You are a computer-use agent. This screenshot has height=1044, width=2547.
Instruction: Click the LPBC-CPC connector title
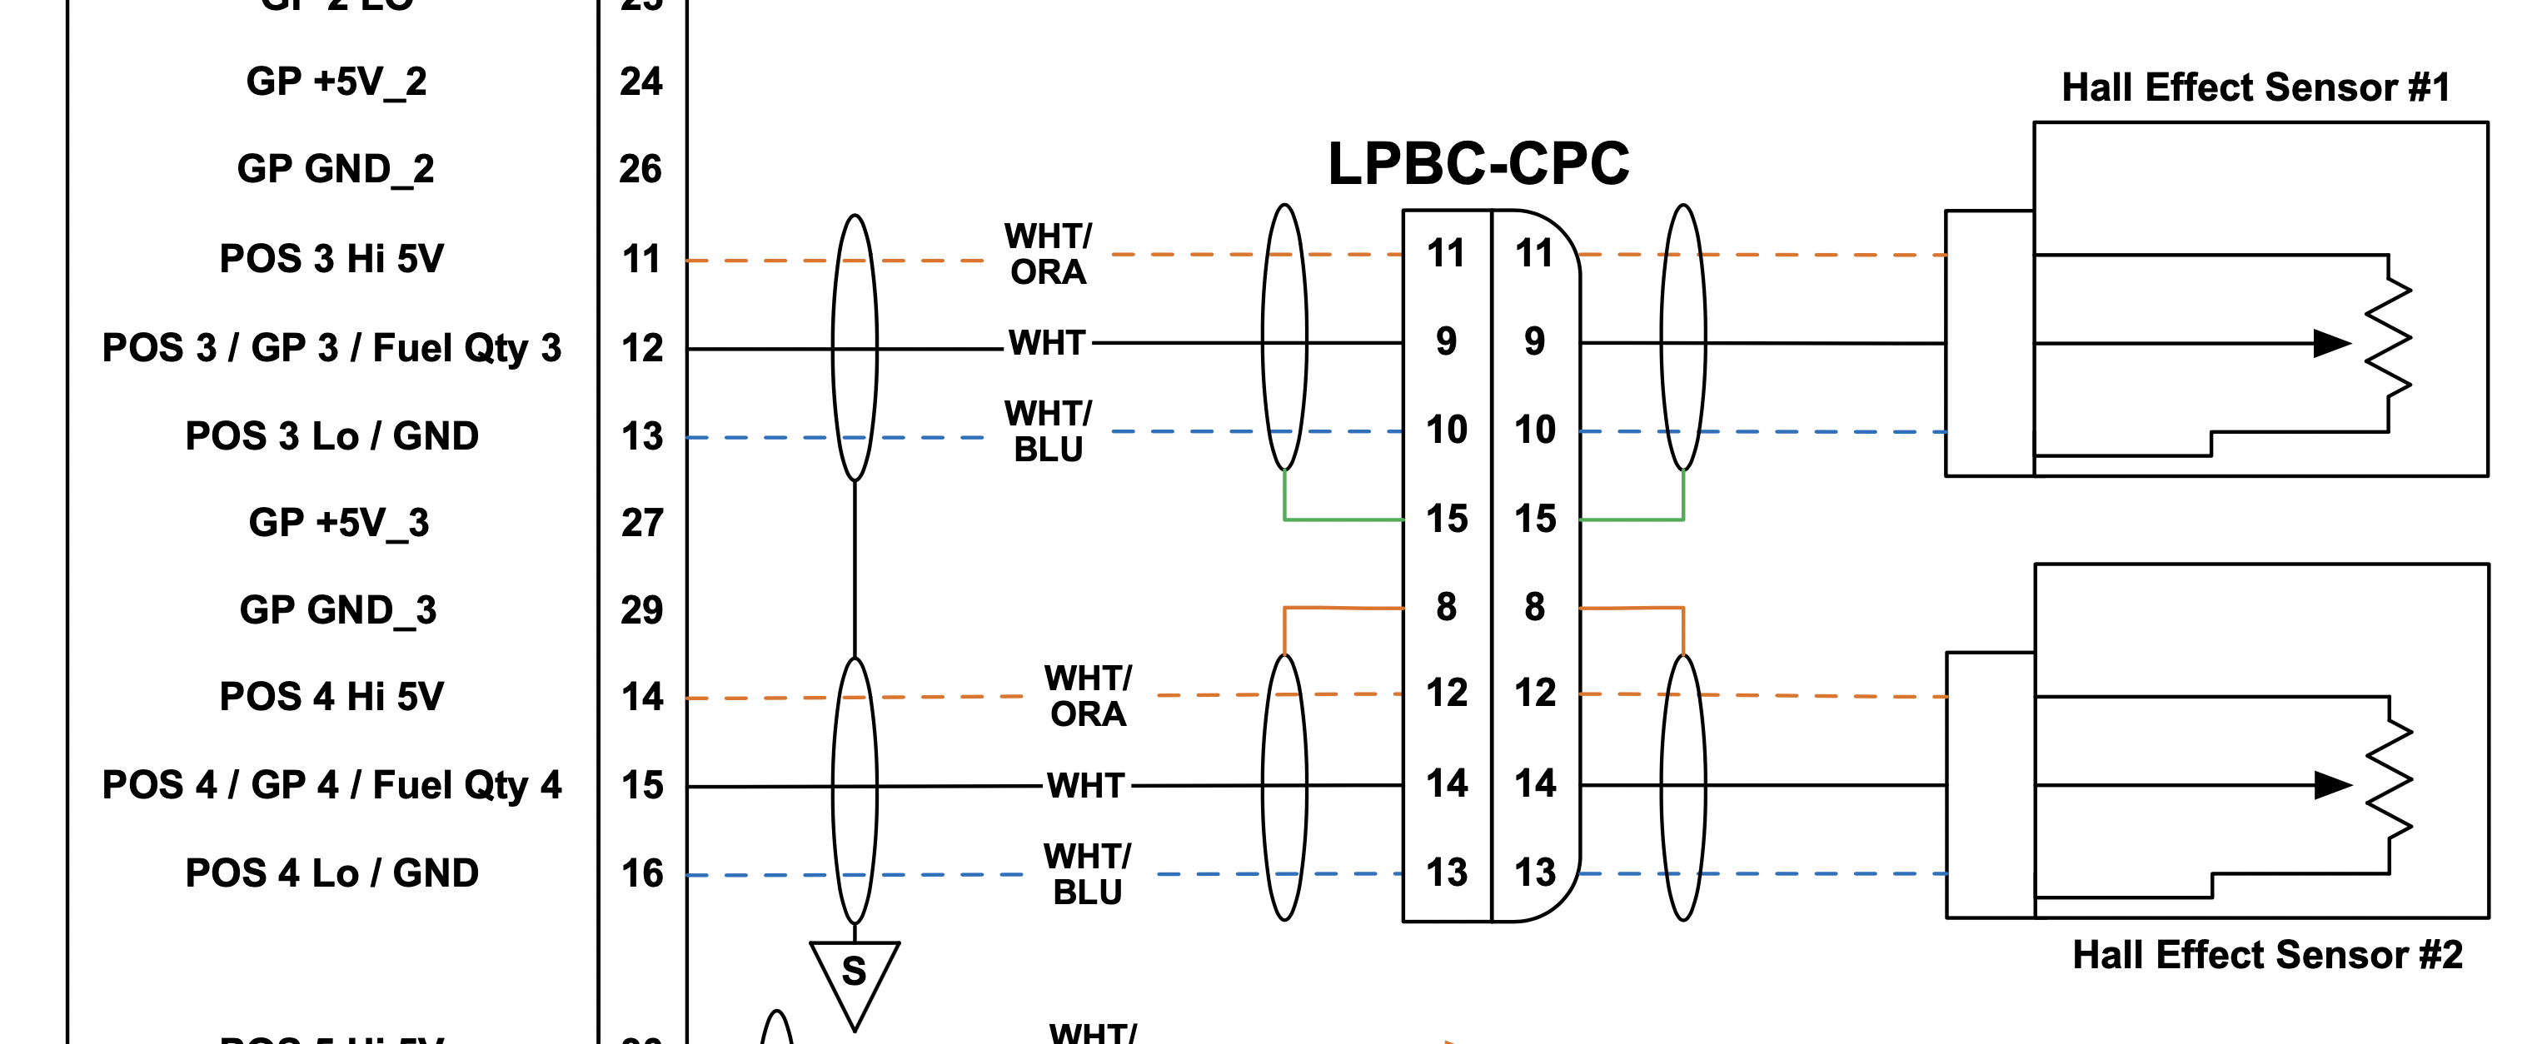point(1478,164)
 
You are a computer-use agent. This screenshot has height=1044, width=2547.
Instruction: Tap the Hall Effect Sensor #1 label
point(2255,88)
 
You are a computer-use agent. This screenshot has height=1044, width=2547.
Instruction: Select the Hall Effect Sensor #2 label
point(2266,955)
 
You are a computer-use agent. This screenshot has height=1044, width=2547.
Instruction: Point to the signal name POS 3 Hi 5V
point(331,259)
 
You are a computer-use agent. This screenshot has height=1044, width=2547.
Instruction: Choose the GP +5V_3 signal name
point(338,522)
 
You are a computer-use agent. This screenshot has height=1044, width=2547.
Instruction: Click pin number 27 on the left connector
point(641,522)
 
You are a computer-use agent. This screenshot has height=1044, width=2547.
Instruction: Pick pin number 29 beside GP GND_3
point(641,610)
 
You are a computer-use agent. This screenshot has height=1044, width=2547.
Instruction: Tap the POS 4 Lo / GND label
point(331,873)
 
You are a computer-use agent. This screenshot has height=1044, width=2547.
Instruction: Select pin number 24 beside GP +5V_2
point(640,81)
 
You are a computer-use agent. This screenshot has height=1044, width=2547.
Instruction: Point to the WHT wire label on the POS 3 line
point(1047,344)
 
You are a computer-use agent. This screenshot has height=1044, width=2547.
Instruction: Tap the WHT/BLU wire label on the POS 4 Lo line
point(1087,874)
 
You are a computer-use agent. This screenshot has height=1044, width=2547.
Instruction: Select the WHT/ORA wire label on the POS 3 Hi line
point(1048,254)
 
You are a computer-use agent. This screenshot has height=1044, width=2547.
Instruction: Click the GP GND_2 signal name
point(335,169)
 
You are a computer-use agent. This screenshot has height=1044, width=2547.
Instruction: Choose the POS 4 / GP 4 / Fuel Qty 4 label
point(331,785)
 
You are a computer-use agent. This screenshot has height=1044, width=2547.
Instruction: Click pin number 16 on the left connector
point(641,874)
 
